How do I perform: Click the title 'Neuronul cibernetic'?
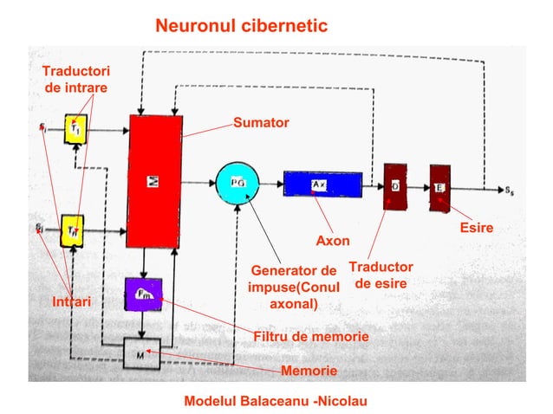click(241, 26)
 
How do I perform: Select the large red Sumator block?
click(154, 180)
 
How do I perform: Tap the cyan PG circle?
click(237, 183)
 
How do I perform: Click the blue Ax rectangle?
click(317, 184)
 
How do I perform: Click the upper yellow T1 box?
click(76, 130)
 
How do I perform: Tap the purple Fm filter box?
click(143, 294)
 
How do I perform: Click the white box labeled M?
click(140, 353)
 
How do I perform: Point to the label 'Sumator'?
click(261, 124)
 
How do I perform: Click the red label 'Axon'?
click(332, 240)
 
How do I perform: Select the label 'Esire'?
click(476, 229)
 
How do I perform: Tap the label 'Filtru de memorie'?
click(310, 336)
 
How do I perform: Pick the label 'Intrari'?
click(72, 301)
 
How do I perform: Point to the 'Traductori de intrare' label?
click(76, 79)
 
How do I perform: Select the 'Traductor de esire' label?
click(381, 275)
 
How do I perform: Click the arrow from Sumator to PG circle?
click(198, 183)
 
